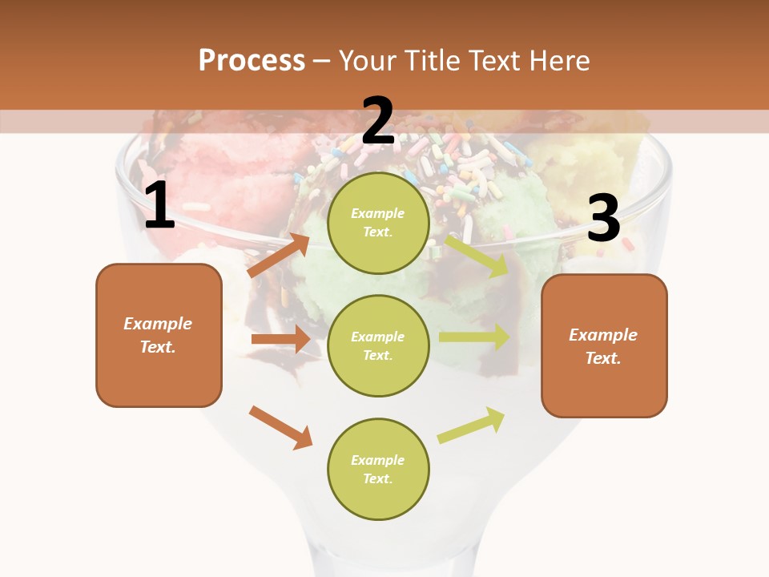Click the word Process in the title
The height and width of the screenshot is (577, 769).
[x=252, y=61]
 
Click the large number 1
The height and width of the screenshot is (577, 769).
[x=159, y=206]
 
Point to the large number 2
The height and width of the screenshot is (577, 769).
[x=378, y=122]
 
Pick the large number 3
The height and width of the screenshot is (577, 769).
[x=603, y=219]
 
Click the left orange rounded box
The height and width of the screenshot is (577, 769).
[x=159, y=335]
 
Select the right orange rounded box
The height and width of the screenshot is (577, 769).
[x=604, y=346]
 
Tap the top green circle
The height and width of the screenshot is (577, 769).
[x=378, y=223]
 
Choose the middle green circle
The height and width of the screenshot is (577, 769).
[x=378, y=346]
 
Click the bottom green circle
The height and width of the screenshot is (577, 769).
[x=378, y=470]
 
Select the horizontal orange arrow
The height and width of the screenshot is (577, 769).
[x=280, y=339]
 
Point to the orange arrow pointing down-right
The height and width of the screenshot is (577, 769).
[x=280, y=427]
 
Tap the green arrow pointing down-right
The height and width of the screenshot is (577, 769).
[x=477, y=256]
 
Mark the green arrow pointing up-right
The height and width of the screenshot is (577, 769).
[x=471, y=425]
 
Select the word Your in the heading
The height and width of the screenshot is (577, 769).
[x=367, y=61]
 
